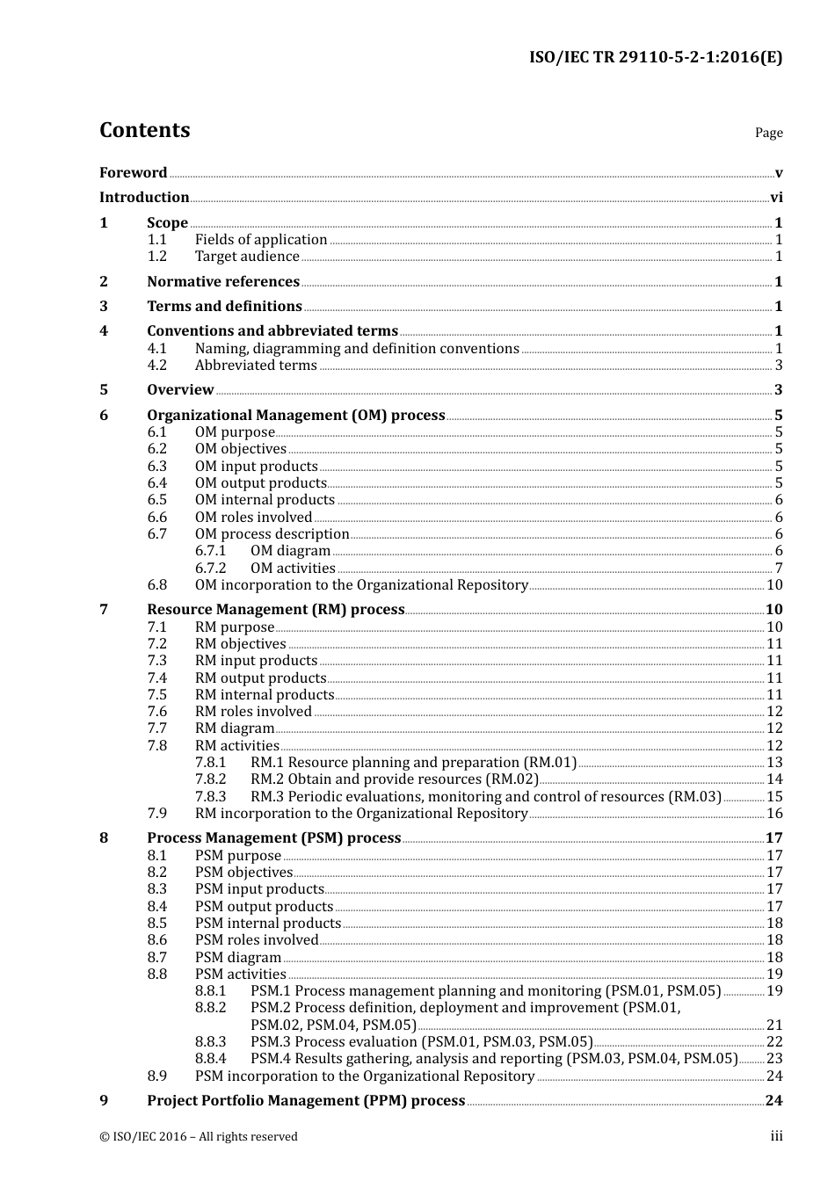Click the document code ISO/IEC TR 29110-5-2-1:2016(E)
(x=655, y=58)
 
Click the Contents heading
(x=144, y=130)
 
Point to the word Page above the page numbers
(x=768, y=133)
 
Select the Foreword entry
(x=133, y=173)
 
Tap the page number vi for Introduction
(x=776, y=198)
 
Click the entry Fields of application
(x=261, y=240)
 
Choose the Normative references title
(x=223, y=282)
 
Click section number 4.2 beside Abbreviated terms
(x=156, y=366)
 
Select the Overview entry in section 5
(x=180, y=390)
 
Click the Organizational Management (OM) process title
(x=295, y=416)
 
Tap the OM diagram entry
(x=290, y=551)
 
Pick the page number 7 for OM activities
(x=778, y=569)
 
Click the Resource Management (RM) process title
(x=275, y=610)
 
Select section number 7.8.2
(x=210, y=779)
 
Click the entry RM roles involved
(x=253, y=712)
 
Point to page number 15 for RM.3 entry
(x=774, y=797)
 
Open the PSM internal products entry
(x=267, y=924)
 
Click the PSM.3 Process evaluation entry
(x=421, y=1042)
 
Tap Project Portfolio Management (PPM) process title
(x=306, y=1101)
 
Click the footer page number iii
(x=776, y=1136)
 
